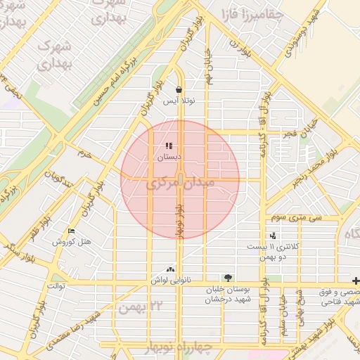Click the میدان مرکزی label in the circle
[179, 185]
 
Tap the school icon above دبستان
[169, 147]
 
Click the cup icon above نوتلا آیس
[179, 90]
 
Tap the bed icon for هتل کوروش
[72, 231]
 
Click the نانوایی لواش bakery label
[170, 280]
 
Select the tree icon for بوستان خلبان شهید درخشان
[226, 278]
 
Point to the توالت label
[56, 285]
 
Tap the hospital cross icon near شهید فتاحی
[356, 280]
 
